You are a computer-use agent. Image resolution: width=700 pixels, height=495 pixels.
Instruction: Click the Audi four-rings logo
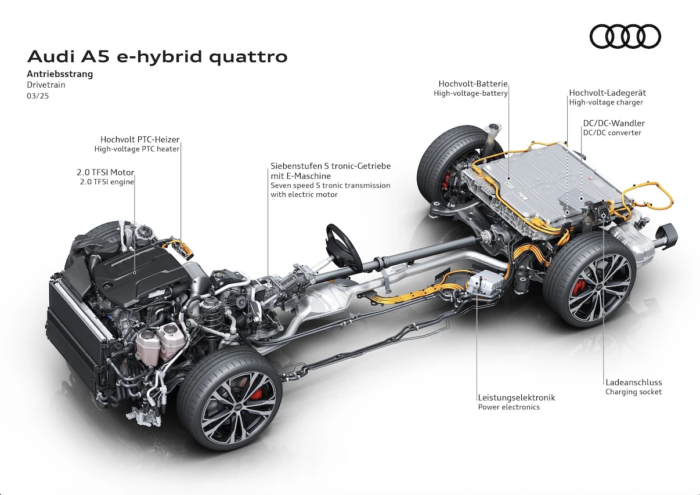pos(625,36)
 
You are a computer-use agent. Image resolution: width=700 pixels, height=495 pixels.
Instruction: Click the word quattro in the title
pos(248,57)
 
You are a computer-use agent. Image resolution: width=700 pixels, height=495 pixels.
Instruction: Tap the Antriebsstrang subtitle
pos(60,74)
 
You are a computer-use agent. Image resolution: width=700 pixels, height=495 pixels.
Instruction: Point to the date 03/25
pos(38,96)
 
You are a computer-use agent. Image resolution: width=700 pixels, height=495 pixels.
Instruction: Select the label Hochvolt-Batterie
pos(473,84)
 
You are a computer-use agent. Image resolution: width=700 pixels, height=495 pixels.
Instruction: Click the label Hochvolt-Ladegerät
pos(608,93)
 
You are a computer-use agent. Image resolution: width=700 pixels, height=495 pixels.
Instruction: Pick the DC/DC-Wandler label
pos(614,123)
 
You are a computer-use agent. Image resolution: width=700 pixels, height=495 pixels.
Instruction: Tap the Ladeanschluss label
pos(634,382)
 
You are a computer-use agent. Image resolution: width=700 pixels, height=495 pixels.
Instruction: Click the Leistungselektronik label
pos(517,398)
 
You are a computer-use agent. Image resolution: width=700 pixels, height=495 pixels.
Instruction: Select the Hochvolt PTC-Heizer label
pos(140,139)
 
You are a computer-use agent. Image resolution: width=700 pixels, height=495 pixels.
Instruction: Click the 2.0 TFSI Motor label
pos(105,172)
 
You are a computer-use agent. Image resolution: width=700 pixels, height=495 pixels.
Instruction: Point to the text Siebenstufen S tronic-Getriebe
pos(331,166)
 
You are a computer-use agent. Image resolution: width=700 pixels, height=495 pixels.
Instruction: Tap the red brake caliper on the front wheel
pos(255,391)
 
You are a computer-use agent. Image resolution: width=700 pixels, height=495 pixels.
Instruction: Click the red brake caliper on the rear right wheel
pos(580,287)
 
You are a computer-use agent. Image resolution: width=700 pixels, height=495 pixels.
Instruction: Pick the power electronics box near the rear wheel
pos(485,282)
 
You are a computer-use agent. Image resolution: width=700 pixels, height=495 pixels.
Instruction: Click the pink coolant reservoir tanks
pos(160,343)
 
